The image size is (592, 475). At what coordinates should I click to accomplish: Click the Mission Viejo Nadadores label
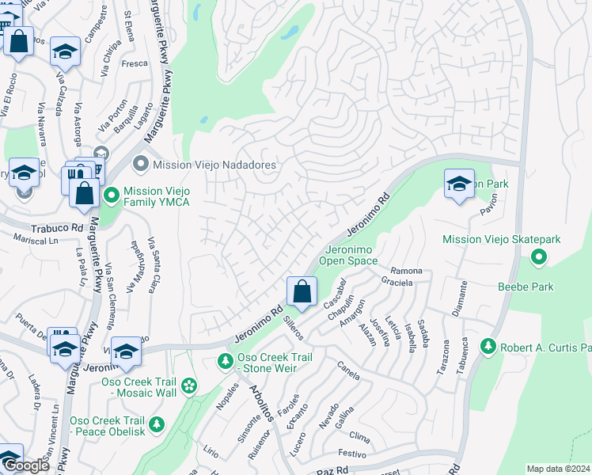(214, 165)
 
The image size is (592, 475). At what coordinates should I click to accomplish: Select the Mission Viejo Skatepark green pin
(539, 256)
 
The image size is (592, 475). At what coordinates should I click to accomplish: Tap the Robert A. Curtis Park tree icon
(488, 347)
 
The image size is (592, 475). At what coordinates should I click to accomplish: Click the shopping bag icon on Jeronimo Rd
(302, 291)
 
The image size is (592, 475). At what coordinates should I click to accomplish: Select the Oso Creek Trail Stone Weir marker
(226, 362)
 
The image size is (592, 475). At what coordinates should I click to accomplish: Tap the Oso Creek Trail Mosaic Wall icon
(189, 386)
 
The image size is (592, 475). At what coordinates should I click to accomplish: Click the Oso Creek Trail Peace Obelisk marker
(157, 425)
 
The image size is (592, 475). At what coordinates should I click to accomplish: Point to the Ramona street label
(407, 272)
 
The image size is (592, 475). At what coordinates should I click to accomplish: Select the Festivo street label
(351, 454)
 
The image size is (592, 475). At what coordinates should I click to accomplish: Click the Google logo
(27, 465)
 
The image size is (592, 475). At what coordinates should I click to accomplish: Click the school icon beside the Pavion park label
(459, 184)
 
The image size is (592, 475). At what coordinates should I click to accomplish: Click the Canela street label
(349, 367)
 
